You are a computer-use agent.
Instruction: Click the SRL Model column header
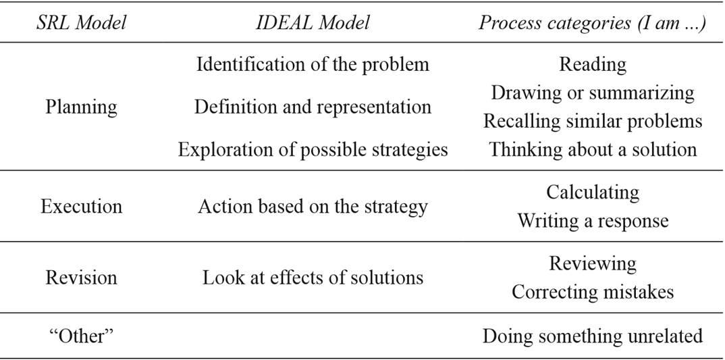[x=82, y=23]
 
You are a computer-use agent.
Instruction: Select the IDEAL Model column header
[x=313, y=23]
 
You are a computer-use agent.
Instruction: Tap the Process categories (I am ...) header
[x=592, y=23]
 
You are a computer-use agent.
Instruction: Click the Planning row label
[x=81, y=106]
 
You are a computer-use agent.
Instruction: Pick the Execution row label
[x=81, y=206]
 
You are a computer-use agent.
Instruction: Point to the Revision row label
[x=81, y=278]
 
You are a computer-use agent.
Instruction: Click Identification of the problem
[x=313, y=64]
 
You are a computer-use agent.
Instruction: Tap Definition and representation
[x=313, y=107]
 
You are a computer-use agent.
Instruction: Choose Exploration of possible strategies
[x=313, y=149]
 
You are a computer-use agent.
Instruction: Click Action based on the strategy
[x=313, y=206]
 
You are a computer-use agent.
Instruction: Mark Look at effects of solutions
[x=313, y=278]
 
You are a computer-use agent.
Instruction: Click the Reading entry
[x=592, y=64]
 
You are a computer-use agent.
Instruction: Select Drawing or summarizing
[x=592, y=93]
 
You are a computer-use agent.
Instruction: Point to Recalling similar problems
[x=592, y=121]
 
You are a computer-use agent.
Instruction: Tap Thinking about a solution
[x=592, y=149]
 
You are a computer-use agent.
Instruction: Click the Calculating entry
[x=592, y=192]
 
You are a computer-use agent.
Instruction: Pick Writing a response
[x=592, y=221]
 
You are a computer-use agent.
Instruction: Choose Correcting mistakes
[x=592, y=292]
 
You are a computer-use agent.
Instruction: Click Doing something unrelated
[x=592, y=336]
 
